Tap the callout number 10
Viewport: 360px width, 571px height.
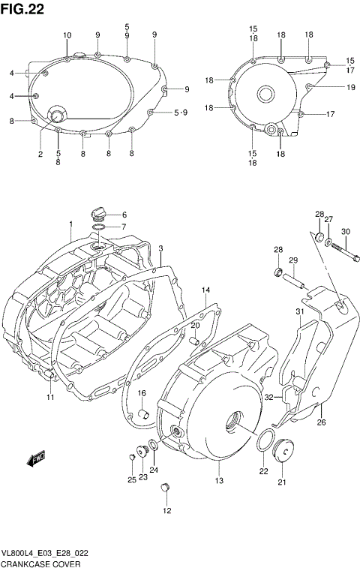(x=67, y=36)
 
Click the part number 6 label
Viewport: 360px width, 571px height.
(x=124, y=215)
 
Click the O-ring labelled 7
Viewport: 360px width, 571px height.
(x=97, y=227)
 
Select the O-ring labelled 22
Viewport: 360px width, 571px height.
(x=263, y=443)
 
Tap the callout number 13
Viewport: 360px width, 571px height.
(x=219, y=480)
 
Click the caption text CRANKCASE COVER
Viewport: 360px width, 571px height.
(x=37, y=563)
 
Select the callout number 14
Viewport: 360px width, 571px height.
(x=205, y=290)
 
